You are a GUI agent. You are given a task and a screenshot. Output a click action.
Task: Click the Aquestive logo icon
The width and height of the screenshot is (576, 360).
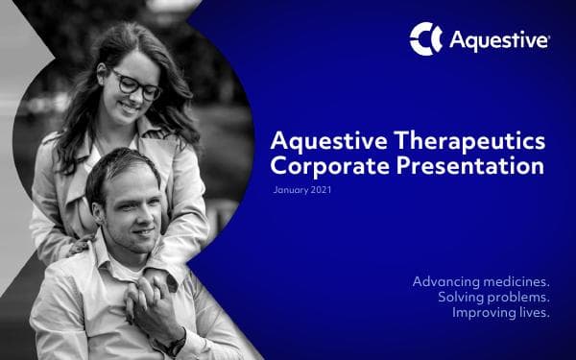tap(425, 39)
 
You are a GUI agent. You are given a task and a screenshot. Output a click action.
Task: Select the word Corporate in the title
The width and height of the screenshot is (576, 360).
tap(315, 166)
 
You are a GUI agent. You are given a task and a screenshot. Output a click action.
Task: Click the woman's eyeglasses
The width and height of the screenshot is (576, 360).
tap(136, 84)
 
